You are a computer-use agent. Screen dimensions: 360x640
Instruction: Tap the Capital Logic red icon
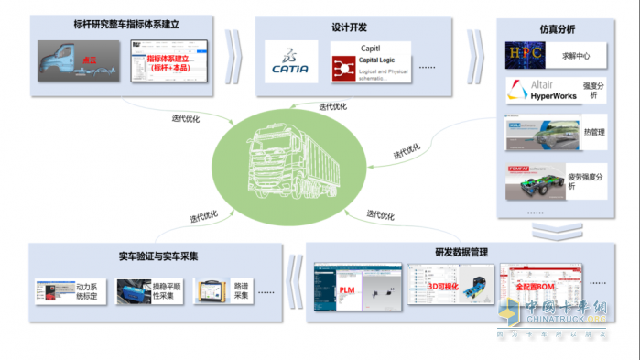tap(345, 67)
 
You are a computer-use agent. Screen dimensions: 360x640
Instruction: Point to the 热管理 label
tap(594, 132)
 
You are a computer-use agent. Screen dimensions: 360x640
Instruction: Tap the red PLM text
tap(347, 289)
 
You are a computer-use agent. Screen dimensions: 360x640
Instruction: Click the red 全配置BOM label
tap(535, 288)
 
